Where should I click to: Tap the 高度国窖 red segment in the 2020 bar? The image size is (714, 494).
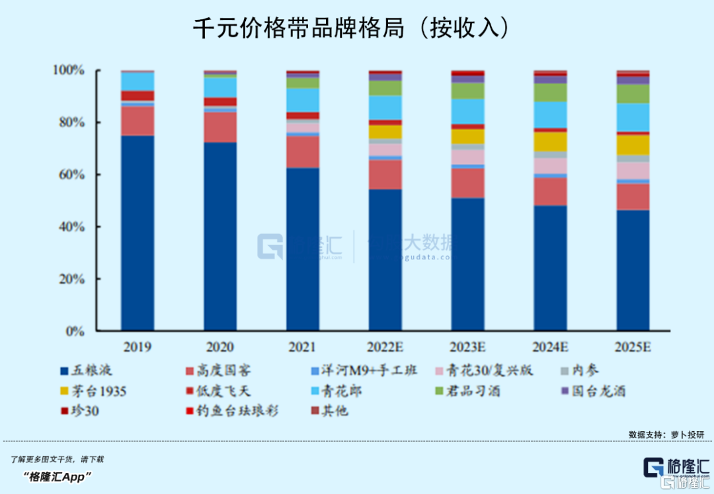pyautogui.click(x=220, y=127)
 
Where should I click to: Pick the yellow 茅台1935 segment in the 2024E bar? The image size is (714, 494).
pyautogui.click(x=551, y=142)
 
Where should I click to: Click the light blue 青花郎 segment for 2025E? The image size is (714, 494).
pyautogui.click(x=633, y=117)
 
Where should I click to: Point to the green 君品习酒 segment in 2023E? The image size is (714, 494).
pyautogui.click(x=468, y=91)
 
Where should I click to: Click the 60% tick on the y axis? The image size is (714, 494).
pyautogui.click(x=69, y=175)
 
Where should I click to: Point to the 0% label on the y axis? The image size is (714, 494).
pyautogui.click(x=75, y=331)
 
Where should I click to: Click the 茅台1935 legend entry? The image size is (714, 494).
pyautogui.click(x=92, y=391)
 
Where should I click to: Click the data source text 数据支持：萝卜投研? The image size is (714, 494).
pyautogui.click(x=666, y=434)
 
